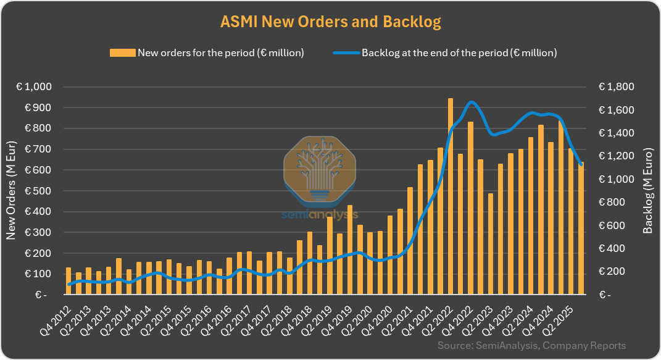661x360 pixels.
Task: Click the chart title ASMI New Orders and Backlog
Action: (x=330, y=22)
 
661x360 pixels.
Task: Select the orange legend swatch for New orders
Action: (x=122, y=53)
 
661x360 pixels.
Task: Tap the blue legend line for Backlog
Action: (x=346, y=53)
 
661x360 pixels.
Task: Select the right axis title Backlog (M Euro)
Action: (x=647, y=190)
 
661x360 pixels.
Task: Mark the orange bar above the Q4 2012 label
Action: (x=69, y=281)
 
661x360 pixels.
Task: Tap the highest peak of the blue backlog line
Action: (x=472, y=102)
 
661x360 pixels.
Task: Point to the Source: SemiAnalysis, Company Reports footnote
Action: (x=531, y=346)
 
